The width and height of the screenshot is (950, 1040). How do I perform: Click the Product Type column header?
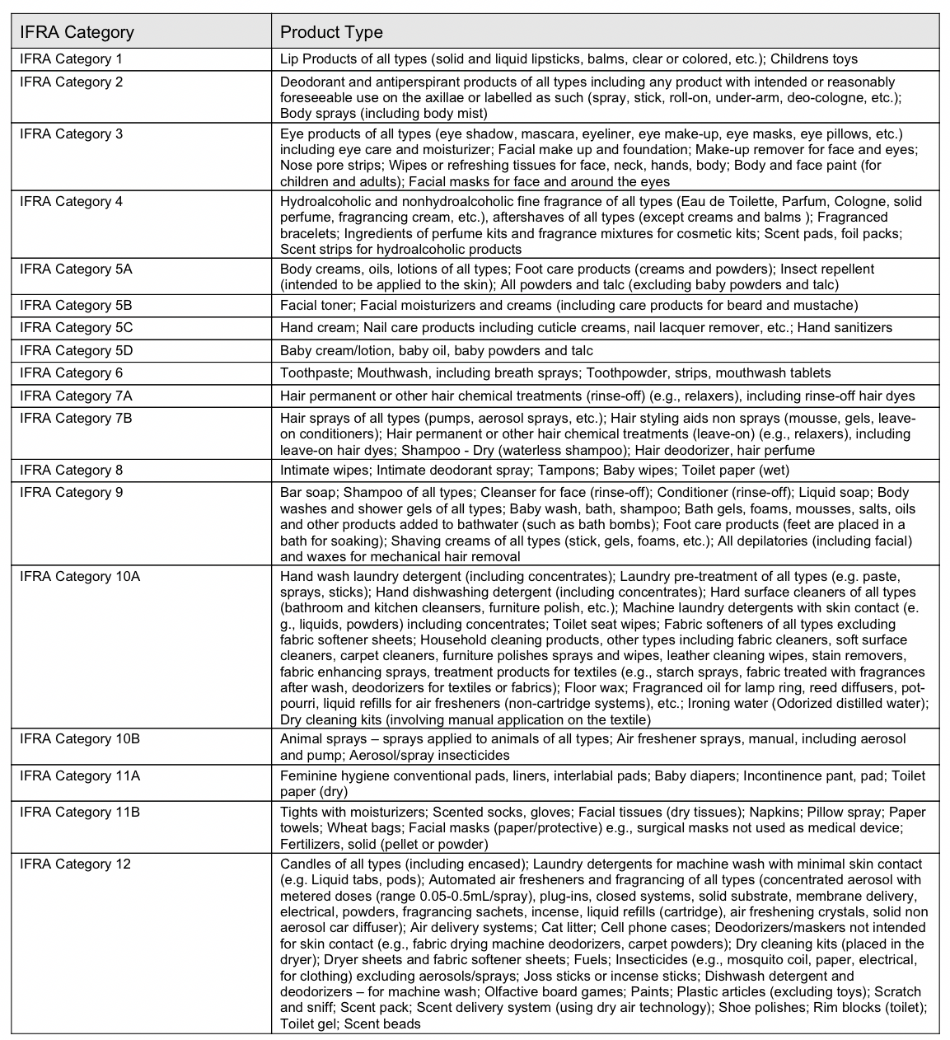(x=331, y=32)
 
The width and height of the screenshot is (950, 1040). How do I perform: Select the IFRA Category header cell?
(x=77, y=32)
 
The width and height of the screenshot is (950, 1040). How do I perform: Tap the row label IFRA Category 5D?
(x=76, y=350)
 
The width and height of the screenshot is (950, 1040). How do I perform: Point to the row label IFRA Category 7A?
(x=76, y=396)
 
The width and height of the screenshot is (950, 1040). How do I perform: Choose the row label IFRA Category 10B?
(x=80, y=738)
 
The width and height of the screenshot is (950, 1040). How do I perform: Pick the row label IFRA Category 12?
(x=75, y=864)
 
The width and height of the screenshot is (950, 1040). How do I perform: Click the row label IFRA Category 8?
(x=71, y=470)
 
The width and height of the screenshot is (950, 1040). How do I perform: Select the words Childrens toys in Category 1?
(x=814, y=59)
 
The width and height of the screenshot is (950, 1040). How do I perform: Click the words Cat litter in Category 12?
(x=556, y=928)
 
